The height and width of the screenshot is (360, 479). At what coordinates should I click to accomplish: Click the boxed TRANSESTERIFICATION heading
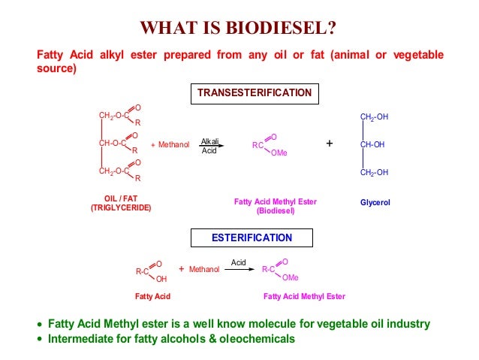(x=254, y=93)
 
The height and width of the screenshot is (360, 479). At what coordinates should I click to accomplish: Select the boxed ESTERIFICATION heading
(x=252, y=238)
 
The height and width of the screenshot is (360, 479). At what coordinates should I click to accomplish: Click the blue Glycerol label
(x=375, y=203)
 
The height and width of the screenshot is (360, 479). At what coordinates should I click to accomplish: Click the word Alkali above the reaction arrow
(x=210, y=141)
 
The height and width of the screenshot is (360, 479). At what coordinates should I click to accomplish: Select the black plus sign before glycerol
(x=329, y=143)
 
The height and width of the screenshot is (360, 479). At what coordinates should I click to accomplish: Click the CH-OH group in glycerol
(x=374, y=144)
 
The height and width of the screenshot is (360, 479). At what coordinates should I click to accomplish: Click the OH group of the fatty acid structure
(x=161, y=278)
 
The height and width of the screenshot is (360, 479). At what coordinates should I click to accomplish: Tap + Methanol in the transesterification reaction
(x=170, y=144)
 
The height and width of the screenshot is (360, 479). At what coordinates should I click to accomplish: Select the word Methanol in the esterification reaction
(x=203, y=269)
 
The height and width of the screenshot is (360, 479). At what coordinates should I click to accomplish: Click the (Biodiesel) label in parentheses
(x=276, y=211)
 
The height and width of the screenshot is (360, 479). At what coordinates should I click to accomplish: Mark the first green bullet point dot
(x=41, y=325)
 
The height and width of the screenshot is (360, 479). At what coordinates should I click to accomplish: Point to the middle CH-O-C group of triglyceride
(x=113, y=143)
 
